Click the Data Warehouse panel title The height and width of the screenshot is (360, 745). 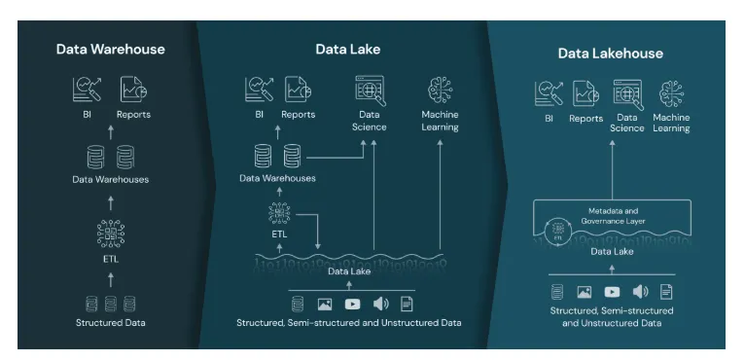(x=110, y=49)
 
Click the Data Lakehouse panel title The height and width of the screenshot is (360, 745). (x=610, y=54)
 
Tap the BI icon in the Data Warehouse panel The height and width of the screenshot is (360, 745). (x=87, y=90)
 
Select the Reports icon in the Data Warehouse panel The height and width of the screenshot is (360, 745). (x=133, y=90)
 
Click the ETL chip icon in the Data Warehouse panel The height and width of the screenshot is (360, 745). (x=110, y=234)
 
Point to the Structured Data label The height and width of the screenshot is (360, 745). (x=110, y=321)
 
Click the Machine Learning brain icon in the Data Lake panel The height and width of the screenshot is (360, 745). (x=440, y=90)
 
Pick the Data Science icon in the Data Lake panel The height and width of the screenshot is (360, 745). (x=369, y=90)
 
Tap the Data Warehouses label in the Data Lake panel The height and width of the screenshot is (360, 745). (x=277, y=178)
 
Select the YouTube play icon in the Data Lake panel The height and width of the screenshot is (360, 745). (x=352, y=304)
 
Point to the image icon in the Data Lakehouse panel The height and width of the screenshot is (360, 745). (x=585, y=291)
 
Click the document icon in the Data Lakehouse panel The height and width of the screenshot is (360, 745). (x=666, y=291)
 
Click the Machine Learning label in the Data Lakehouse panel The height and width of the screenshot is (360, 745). (x=671, y=123)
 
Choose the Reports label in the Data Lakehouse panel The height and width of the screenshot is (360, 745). (x=585, y=119)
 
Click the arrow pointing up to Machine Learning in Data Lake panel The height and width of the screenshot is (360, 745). (x=440, y=195)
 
